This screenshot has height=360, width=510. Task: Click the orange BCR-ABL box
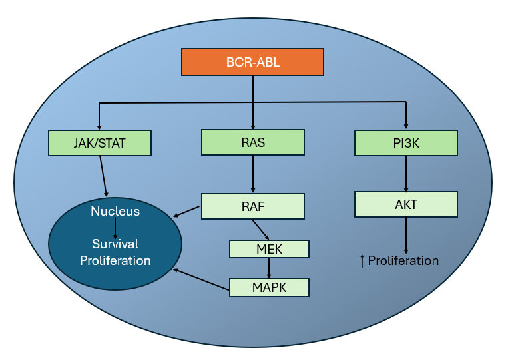[252, 62]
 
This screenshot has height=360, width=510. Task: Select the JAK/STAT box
[100, 142]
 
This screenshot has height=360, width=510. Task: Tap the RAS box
[253, 142]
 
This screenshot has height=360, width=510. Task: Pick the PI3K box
[406, 142]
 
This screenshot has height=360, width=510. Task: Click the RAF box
[253, 206]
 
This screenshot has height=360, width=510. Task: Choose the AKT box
[406, 204]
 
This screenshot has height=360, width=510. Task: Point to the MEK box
[269, 249]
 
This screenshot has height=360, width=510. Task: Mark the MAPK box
[269, 287]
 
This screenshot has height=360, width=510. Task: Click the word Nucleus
[115, 212]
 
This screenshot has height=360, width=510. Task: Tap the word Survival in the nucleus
[115, 243]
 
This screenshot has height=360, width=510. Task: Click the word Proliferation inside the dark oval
[115, 260]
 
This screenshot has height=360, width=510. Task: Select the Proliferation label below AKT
[403, 260]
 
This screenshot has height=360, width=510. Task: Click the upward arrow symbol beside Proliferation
[362, 260]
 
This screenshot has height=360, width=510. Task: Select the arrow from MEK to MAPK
[269, 268]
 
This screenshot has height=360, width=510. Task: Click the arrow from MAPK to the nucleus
[202, 279]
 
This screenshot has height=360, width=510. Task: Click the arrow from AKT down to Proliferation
[406, 234]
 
